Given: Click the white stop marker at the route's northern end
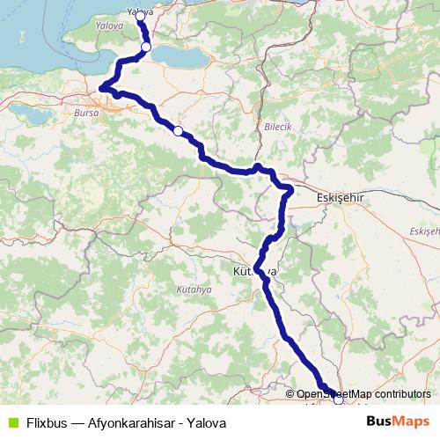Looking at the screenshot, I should click(x=140, y=16).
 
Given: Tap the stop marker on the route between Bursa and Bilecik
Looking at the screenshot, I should click(x=178, y=131).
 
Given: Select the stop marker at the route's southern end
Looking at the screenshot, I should click(x=338, y=400).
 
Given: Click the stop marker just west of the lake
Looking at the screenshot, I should click(x=146, y=48).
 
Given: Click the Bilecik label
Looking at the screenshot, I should click(x=277, y=127).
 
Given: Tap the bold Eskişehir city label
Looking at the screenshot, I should click(x=339, y=199).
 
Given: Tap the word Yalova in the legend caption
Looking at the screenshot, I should click(x=205, y=422).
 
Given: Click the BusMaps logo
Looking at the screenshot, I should click(x=398, y=422).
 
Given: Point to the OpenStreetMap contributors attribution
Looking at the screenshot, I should click(x=363, y=394).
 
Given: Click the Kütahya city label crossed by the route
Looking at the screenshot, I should click(x=254, y=272).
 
